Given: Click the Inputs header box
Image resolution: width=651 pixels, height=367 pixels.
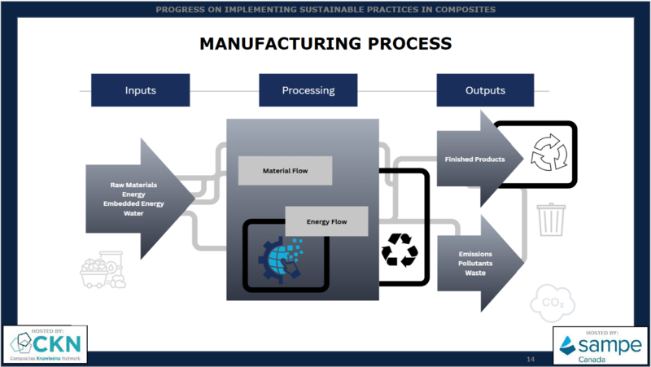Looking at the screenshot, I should pos(141,90).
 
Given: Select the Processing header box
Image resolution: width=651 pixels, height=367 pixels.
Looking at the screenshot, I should pos(309,90).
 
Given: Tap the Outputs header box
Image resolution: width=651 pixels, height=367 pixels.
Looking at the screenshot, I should pos(485,90).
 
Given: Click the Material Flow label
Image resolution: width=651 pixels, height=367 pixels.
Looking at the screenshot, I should pos(285,171).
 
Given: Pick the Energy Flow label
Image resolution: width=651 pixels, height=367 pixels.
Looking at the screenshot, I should pos(327,221).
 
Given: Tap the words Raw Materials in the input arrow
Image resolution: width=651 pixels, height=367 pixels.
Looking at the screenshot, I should pos(134,185).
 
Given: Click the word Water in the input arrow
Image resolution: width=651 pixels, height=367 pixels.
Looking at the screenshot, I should pos(134,213).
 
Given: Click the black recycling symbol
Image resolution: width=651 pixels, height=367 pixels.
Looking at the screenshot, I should pos(400,250).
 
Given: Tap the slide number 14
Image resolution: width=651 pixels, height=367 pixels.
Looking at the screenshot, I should pos(530,359).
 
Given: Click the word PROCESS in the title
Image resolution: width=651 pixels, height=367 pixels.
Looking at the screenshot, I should pos(402,43).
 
